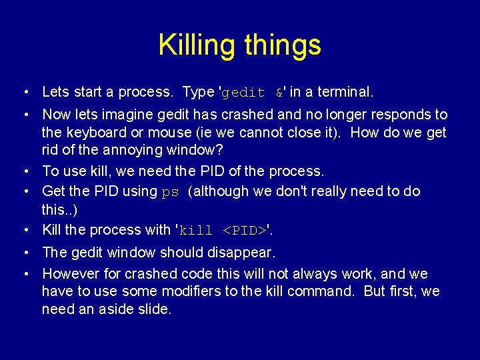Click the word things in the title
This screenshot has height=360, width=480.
click(x=283, y=46)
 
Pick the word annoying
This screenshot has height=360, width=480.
click(x=131, y=151)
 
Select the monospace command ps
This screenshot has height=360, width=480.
click(x=171, y=192)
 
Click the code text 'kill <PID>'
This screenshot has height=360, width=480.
click(x=223, y=231)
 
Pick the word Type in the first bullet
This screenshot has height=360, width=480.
click(x=198, y=91)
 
